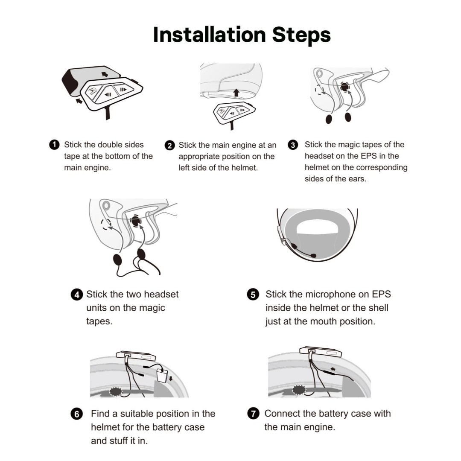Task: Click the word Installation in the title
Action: coord(210,35)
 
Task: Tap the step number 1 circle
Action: coord(54,145)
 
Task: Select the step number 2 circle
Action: coord(169,146)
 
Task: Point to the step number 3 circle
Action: coord(293,145)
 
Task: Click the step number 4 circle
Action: coord(77,295)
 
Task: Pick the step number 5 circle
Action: coord(253,295)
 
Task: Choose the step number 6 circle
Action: coord(77,414)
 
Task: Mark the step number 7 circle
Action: coord(253,414)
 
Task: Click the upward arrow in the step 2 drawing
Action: coord(236,93)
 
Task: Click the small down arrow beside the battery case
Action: coord(171,378)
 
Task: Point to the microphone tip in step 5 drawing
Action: coord(313,256)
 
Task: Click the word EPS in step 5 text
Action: coord(381,294)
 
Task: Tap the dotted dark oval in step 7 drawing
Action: coord(299,390)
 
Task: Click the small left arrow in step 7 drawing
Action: coord(333,369)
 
